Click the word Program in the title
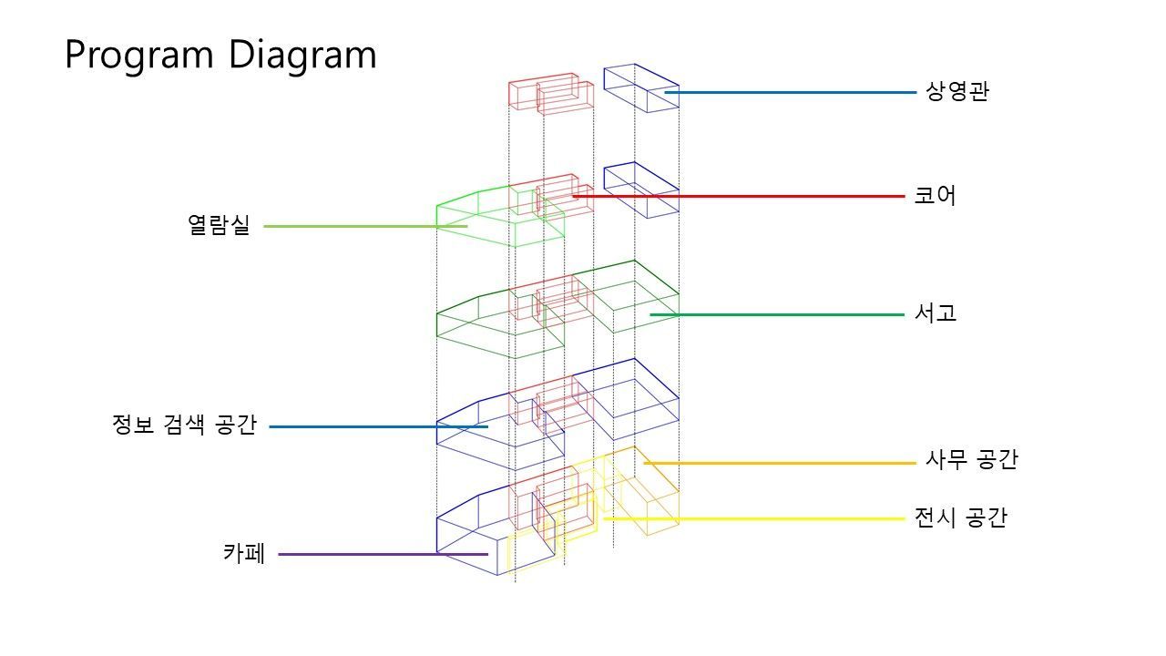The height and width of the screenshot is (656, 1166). (139, 56)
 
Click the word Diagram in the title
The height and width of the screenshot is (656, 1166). (302, 56)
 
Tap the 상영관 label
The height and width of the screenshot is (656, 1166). (956, 92)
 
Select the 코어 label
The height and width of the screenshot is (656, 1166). (935, 196)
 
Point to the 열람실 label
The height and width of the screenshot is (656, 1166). (219, 225)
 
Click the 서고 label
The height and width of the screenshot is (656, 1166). (936, 313)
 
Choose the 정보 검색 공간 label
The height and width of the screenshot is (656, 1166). (184, 425)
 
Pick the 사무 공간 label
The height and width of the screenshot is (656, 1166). (971, 460)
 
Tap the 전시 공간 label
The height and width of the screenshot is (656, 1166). (961, 518)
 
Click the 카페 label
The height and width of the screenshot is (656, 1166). (244, 553)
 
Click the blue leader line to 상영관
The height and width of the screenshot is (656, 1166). (790, 93)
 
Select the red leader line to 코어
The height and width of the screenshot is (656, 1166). (739, 196)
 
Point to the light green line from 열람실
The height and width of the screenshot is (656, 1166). (365, 227)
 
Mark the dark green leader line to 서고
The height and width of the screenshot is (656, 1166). (777, 315)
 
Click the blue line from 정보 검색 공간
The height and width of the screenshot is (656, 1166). (378, 427)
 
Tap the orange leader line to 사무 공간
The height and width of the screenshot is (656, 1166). (780, 463)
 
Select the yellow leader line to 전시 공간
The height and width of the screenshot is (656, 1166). (754, 519)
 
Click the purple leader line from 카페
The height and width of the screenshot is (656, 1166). (384, 555)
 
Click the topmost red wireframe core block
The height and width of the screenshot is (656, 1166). (551, 94)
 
